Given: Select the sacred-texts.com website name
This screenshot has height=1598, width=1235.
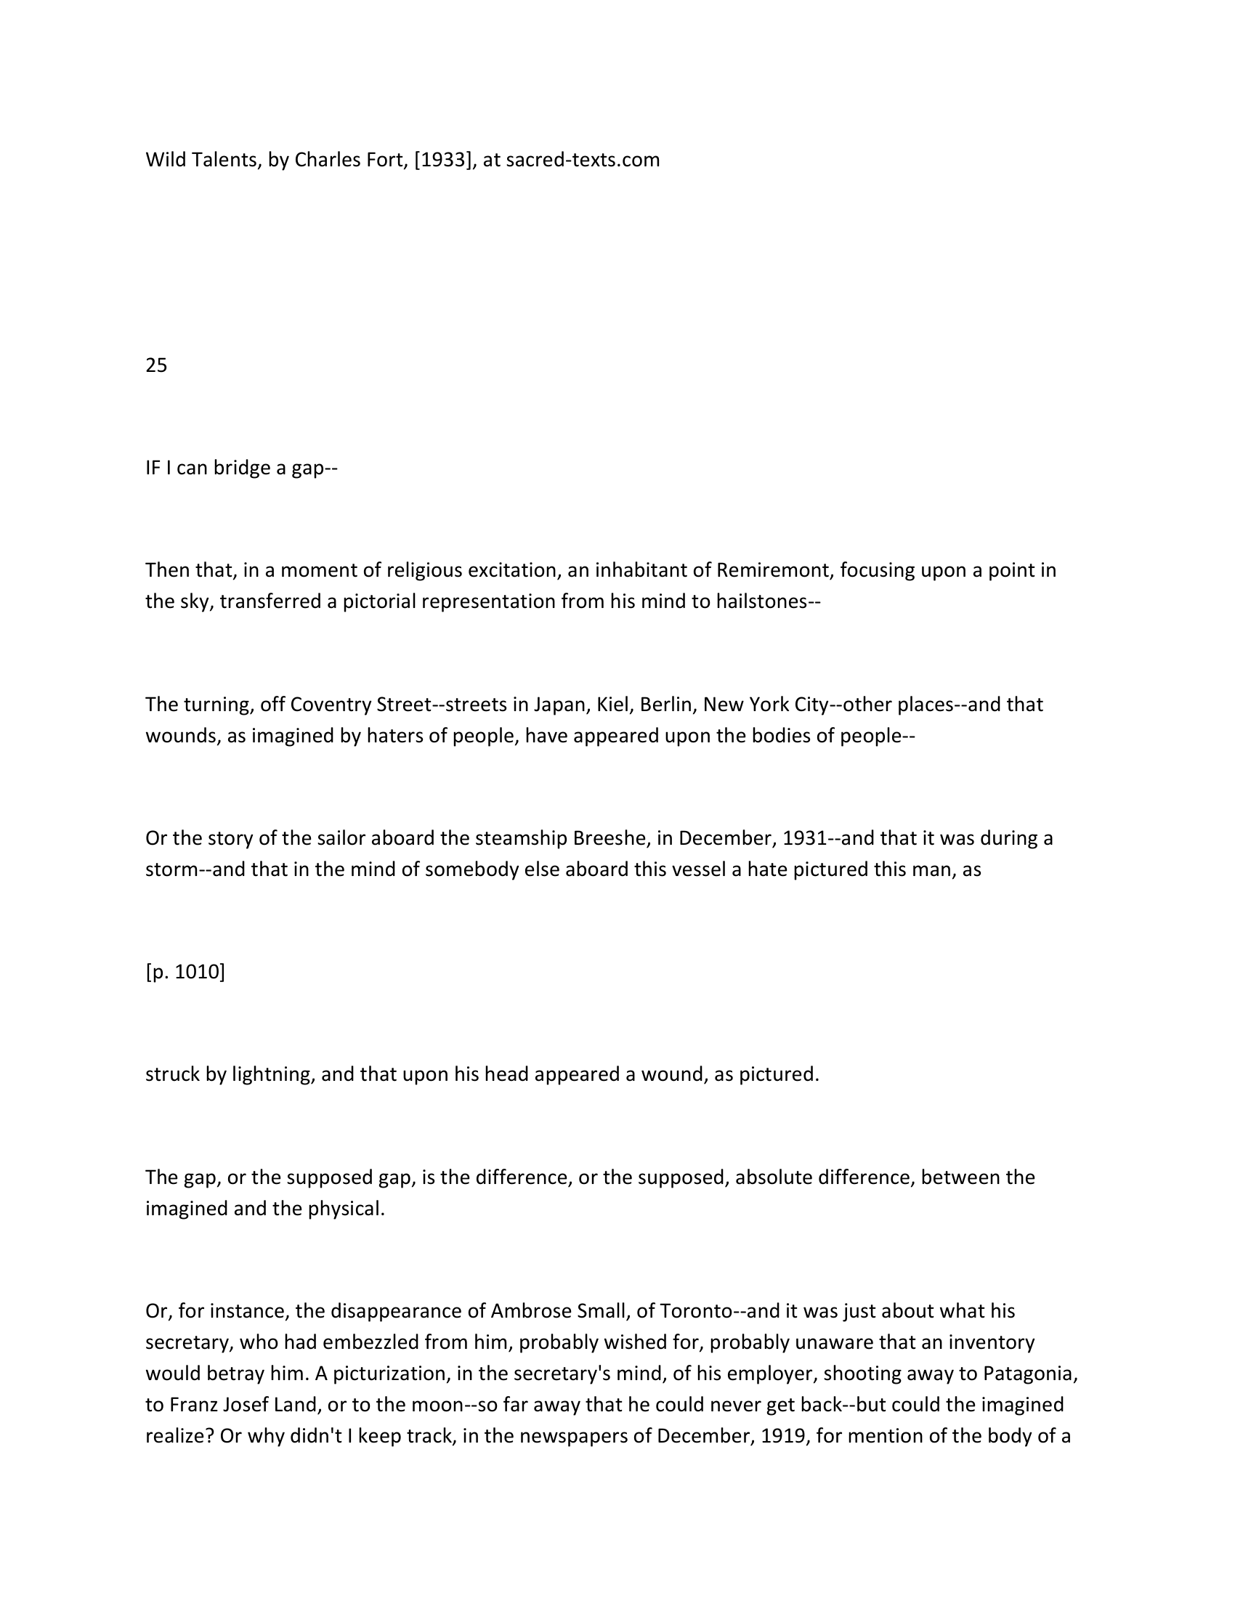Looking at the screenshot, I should tap(583, 161).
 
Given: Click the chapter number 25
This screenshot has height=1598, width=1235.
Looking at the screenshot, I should tap(156, 365).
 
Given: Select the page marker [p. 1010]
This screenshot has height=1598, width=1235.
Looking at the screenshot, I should tap(185, 972).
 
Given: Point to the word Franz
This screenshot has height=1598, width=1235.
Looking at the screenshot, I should tap(194, 1405).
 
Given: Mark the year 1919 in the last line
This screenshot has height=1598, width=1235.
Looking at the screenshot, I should tap(784, 1435).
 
